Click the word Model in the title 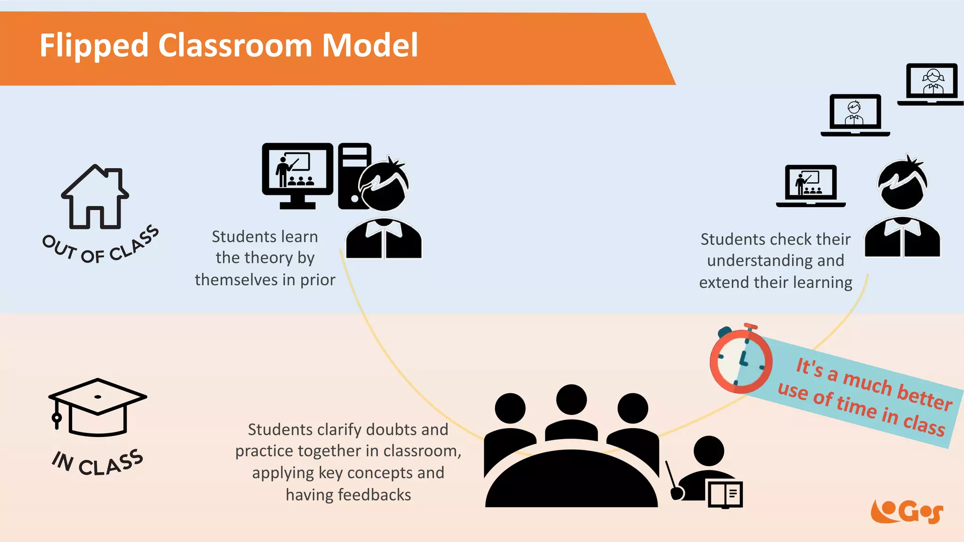[370, 46]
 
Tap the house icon [95, 197]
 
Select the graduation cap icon [97, 407]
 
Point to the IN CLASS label [97, 463]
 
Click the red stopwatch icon [740, 360]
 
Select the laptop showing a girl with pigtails [931, 83]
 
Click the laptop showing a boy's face [855, 114]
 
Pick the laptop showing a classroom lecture [811, 185]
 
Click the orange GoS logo [907, 511]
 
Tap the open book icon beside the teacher [725, 494]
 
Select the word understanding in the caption [775, 261]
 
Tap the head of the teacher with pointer [709, 451]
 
